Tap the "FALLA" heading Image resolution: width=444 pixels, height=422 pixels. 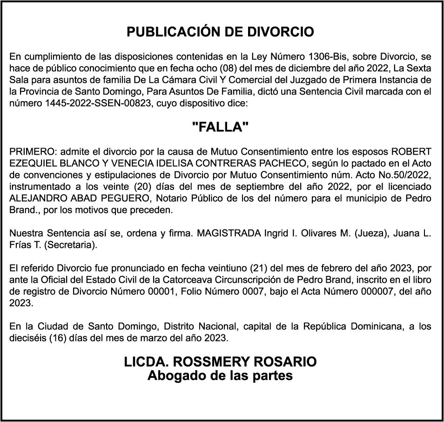coord(220,127)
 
